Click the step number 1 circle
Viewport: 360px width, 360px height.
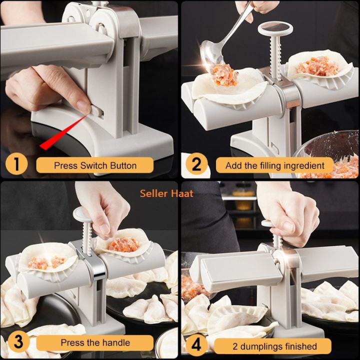click(x=16, y=165)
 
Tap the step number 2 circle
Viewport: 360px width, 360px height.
click(x=196, y=165)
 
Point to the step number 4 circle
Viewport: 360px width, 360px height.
click(x=196, y=345)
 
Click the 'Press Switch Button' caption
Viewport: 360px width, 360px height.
click(x=95, y=165)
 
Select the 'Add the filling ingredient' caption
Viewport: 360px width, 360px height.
click(x=274, y=165)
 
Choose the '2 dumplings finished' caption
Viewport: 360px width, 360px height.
click(x=274, y=345)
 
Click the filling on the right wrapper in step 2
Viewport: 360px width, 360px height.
click(x=315, y=65)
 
